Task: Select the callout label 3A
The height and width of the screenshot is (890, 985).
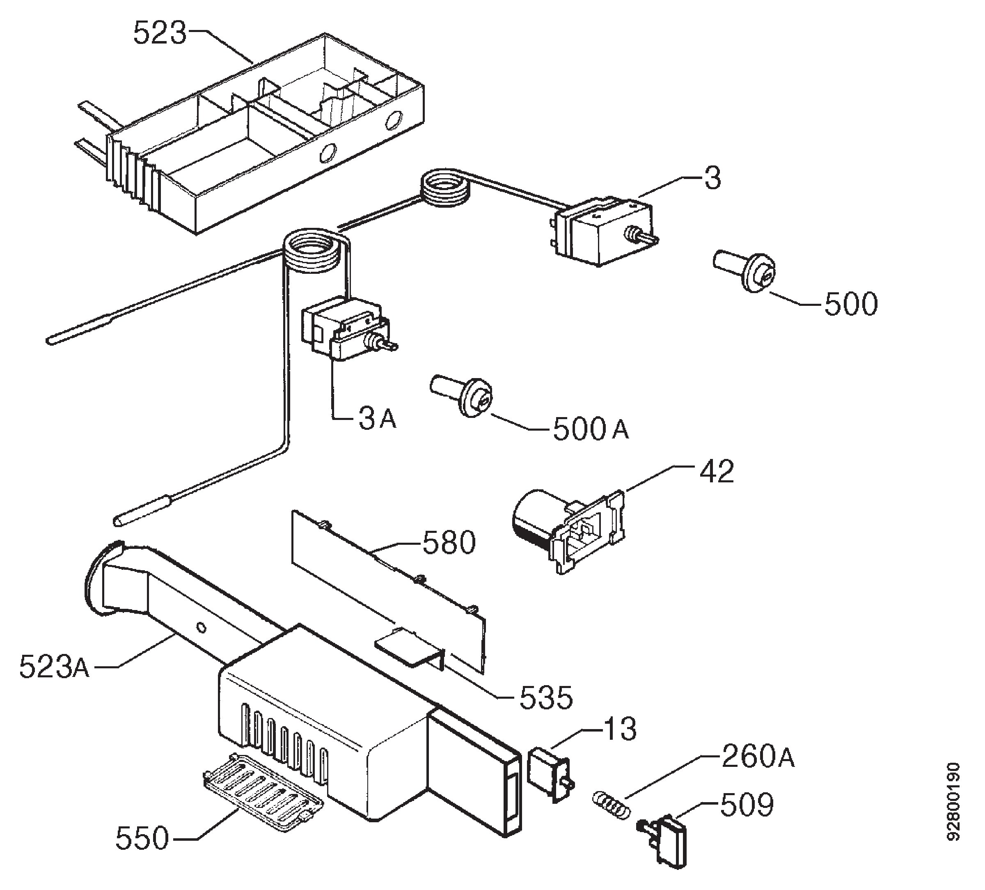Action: (x=378, y=419)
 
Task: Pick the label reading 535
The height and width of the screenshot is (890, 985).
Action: (x=546, y=698)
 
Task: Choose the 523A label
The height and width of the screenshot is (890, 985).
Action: (x=55, y=667)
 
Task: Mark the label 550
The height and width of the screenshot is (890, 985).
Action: (x=142, y=838)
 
